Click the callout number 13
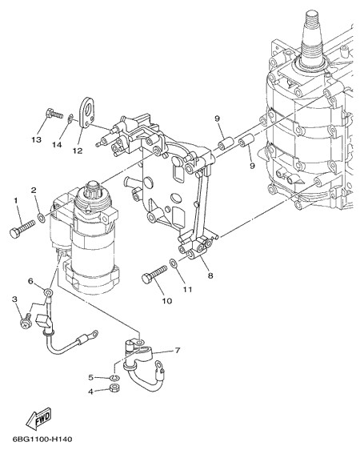coord(37,139)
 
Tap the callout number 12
coord(77,151)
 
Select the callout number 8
coord(210,275)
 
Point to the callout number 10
coord(167,301)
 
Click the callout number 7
coord(178,350)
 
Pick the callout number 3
coord(14,299)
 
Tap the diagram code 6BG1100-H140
coord(42,439)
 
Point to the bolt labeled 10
coord(154,274)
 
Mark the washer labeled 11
coord(174,263)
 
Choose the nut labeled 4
coord(115,388)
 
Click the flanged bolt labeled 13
coord(54,114)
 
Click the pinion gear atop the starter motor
coord(94,189)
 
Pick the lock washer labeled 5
coord(115,377)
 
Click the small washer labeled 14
coord(70,119)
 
